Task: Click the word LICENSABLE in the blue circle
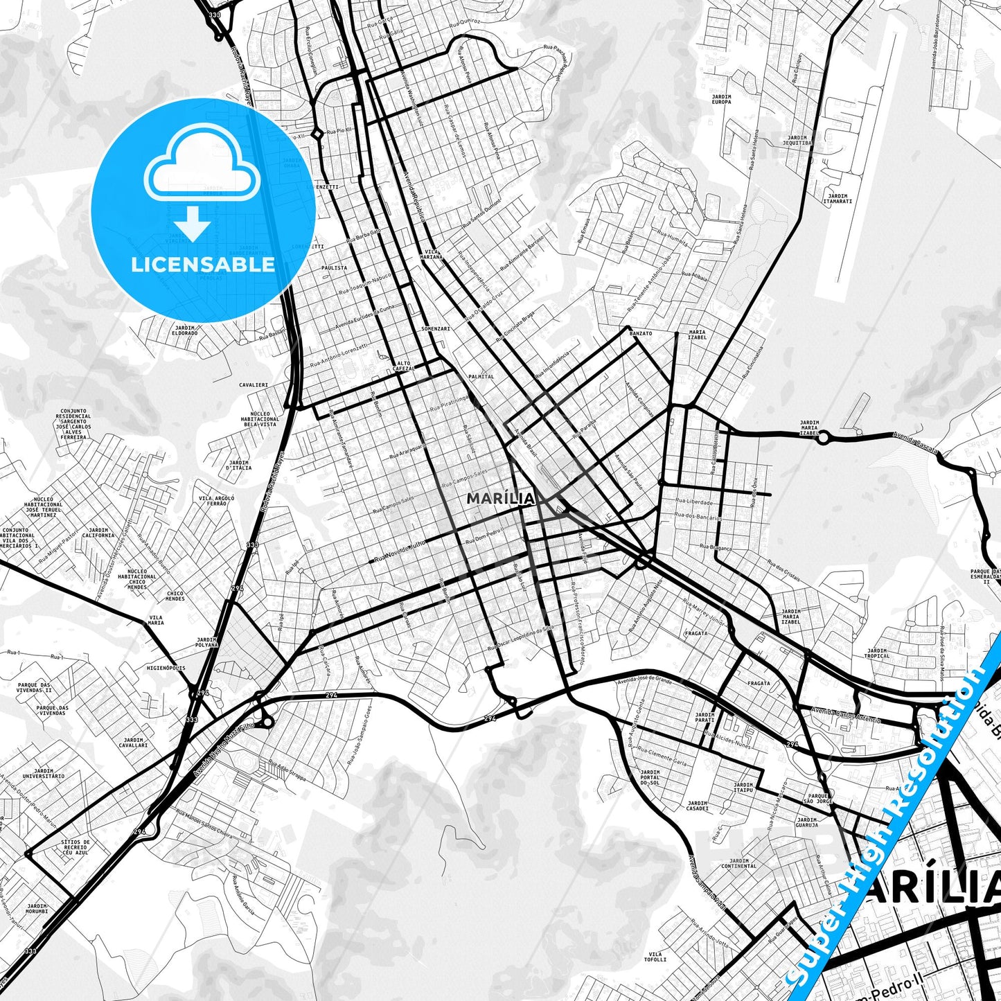tap(203, 265)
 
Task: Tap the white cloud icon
tap(202, 168)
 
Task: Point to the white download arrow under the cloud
tap(193, 224)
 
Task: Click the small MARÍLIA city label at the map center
tap(500, 499)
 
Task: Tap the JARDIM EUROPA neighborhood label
tap(721, 99)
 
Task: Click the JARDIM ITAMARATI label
tap(837, 199)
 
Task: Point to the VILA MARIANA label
tap(432, 254)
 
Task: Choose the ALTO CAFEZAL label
tap(405, 366)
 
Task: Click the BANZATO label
tap(641, 333)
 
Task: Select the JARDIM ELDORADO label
tap(185, 330)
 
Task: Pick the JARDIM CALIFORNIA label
tap(98, 532)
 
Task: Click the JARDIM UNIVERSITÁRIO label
tap(44, 773)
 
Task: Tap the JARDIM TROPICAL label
tap(877, 653)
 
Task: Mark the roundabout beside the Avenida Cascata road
tap(824, 438)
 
